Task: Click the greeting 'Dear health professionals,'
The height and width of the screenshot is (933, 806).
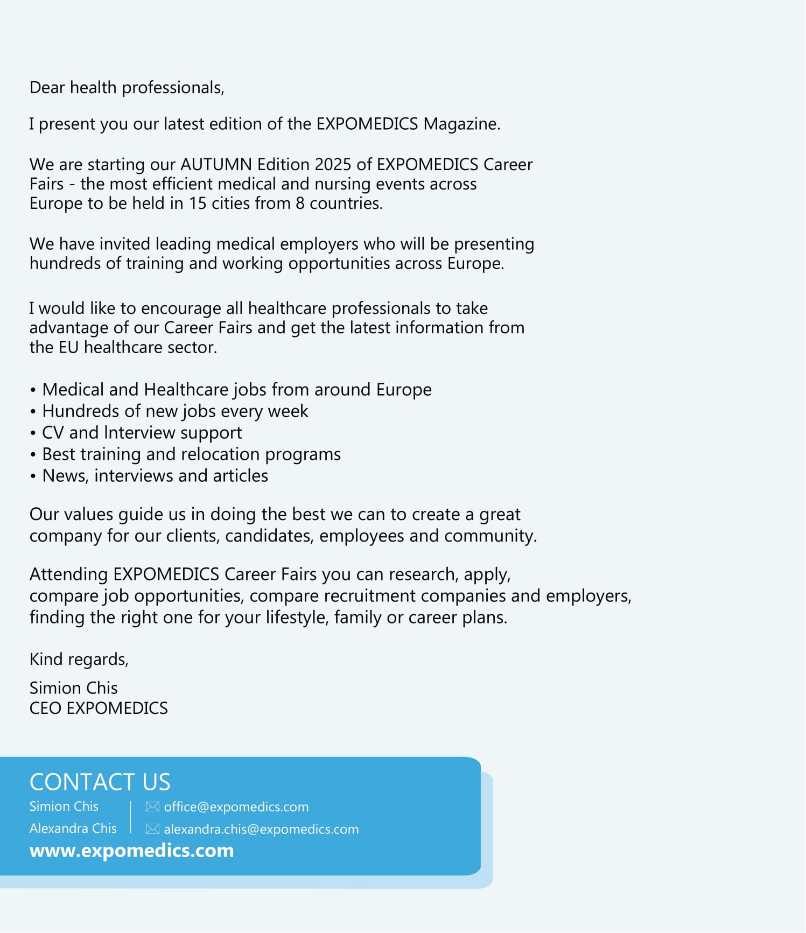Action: click(x=127, y=88)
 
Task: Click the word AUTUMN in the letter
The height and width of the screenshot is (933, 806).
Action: click(x=216, y=164)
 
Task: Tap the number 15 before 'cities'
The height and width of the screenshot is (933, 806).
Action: click(x=197, y=204)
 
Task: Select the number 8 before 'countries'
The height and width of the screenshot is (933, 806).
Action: click(x=300, y=204)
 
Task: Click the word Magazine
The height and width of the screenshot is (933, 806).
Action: click(x=461, y=124)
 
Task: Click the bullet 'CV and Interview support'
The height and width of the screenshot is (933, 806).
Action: click(x=142, y=433)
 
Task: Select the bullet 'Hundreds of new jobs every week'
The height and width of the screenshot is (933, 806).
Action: click(x=175, y=411)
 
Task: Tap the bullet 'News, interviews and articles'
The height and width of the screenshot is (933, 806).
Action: click(x=155, y=476)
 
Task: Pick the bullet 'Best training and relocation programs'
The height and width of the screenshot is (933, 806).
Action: click(x=191, y=454)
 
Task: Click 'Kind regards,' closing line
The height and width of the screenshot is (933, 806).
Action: click(x=79, y=660)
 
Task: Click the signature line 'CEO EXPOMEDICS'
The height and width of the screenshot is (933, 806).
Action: click(x=99, y=708)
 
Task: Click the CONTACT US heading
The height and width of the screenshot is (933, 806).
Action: click(x=100, y=782)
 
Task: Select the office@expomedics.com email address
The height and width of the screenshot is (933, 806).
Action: click(x=236, y=807)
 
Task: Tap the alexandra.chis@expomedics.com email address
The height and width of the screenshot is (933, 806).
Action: click(x=261, y=830)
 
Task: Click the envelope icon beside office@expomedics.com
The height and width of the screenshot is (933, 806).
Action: click(x=152, y=807)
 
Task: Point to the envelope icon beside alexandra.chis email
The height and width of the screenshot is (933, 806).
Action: click(x=152, y=829)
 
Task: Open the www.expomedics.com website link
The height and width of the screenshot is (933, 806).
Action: click(x=131, y=851)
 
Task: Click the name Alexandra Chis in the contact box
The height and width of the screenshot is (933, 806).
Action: click(x=73, y=829)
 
